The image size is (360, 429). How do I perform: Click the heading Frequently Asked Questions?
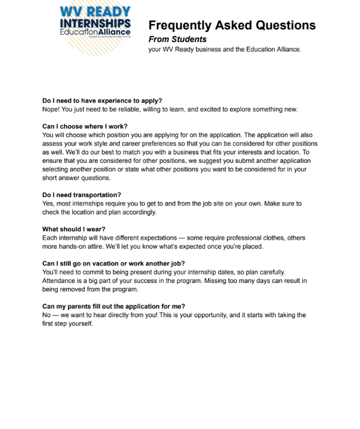(231, 25)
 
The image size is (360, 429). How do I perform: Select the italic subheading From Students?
(177, 40)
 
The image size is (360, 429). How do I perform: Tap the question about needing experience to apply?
(102, 101)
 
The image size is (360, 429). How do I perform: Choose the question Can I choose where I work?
(85, 127)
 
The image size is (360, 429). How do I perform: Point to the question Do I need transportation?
(82, 195)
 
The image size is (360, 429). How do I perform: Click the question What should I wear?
(74, 230)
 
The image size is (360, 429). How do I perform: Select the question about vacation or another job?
(114, 264)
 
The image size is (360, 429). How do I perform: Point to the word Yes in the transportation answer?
(47, 204)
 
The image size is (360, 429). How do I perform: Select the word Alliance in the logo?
(114, 32)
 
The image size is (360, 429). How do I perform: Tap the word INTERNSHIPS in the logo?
(96, 22)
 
